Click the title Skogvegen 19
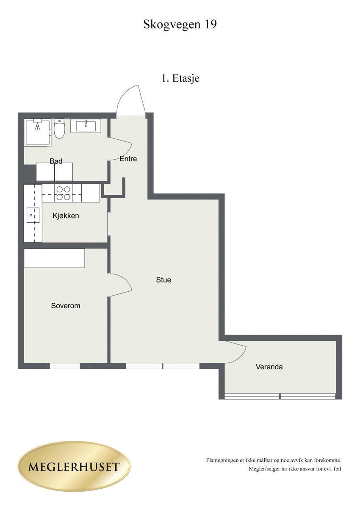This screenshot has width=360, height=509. [x=180, y=25]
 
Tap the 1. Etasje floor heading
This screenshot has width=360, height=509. [x=180, y=78]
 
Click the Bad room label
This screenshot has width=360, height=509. [x=56, y=161]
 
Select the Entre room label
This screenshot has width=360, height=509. [x=128, y=159]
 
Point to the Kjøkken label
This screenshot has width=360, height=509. [x=66, y=216]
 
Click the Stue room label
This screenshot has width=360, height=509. [x=163, y=279]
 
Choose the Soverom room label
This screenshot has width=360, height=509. [x=66, y=305]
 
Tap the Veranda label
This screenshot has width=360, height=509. [x=269, y=367]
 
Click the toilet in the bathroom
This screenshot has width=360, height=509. [x=59, y=128]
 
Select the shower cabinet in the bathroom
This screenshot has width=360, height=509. [x=38, y=132]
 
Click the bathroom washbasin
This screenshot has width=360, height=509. [x=89, y=125]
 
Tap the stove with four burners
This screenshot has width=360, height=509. [x=64, y=193]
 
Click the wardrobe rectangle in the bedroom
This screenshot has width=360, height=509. [x=54, y=258]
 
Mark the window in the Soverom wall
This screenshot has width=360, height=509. [x=65, y=366]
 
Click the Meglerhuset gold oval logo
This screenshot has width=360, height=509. [x=74, y=467]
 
